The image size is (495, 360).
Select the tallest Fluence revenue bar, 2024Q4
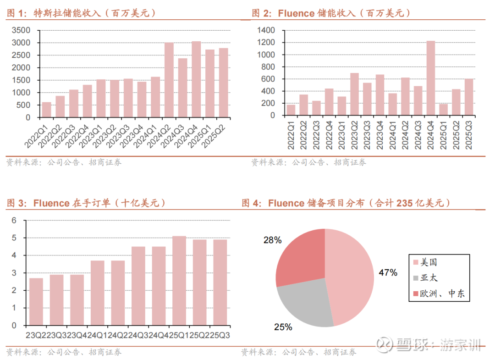click(430, 78)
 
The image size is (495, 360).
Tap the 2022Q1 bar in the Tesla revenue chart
click(47, 110)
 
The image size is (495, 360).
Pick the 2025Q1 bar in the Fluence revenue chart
click(443, 110)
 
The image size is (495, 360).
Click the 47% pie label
click(388, 273)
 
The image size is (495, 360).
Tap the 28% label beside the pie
click(272, 240)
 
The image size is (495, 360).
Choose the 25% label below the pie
click(283, 327)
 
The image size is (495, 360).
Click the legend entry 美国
click(429, 262)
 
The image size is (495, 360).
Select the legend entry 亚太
click(429, 278)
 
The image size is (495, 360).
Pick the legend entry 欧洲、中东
click(442, 294)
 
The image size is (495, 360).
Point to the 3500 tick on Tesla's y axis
click(21, 30)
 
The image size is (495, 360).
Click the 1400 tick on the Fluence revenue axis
click(266, 30)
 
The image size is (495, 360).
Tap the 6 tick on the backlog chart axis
click(14, 220)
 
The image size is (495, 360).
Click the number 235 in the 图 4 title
click(405, 203)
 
